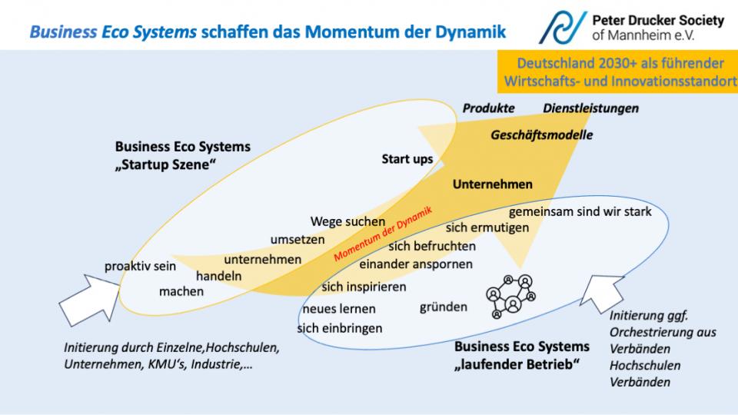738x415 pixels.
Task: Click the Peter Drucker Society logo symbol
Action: coord(563,27)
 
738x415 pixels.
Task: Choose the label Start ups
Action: coord(407,159)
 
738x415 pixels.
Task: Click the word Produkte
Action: coord(488,108)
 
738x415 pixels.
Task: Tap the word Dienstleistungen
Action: coord(590,108)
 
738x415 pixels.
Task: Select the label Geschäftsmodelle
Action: coord(542,135)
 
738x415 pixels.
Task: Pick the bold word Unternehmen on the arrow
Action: coord(492,184)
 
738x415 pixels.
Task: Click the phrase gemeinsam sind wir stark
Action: coord(580,211)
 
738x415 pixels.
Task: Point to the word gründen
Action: coord(444,307)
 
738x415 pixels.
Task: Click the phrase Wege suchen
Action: coord(348,222)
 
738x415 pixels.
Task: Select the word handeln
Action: coord(219,276)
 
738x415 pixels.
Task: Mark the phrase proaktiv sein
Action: coord(141,266)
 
